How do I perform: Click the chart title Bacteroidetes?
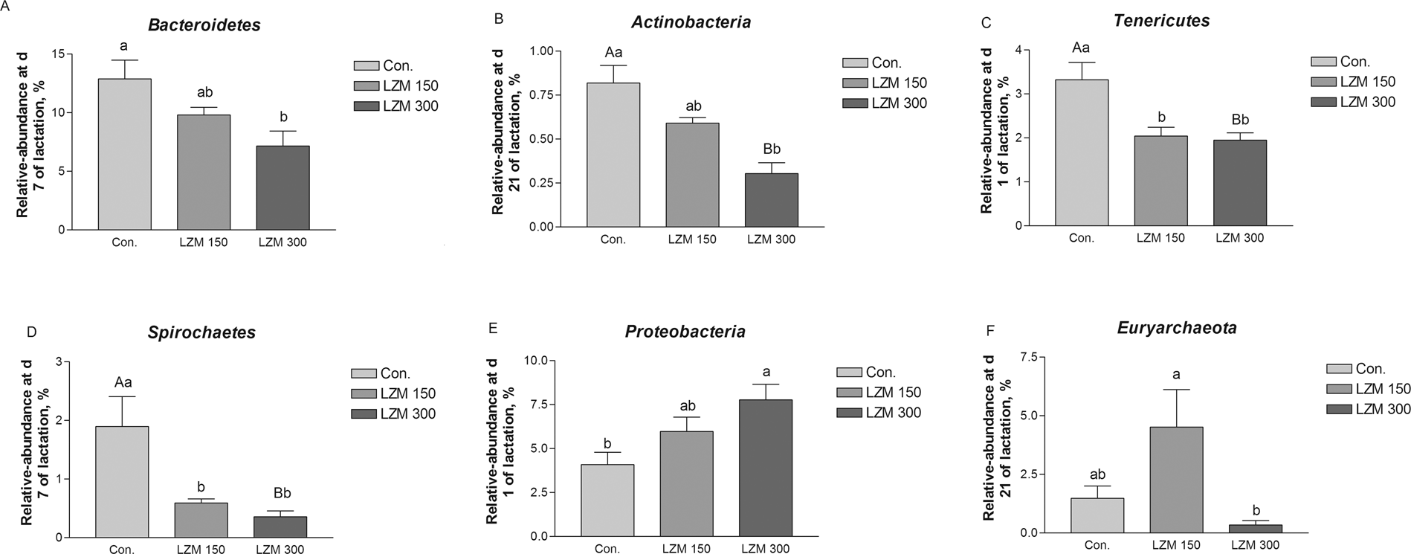coord(204,25)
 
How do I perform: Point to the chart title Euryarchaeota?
coord(1186,327)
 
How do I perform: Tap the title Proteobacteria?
coord(685,331)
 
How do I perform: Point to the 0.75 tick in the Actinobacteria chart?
coord(543,95)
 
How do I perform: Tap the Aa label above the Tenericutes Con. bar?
coord(1080,48)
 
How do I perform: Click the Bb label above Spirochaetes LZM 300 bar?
coord(282,493)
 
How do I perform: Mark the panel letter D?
coord(31,332)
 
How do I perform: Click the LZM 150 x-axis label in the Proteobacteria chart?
coord(686,550)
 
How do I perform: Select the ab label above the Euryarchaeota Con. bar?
coord(1097,474)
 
